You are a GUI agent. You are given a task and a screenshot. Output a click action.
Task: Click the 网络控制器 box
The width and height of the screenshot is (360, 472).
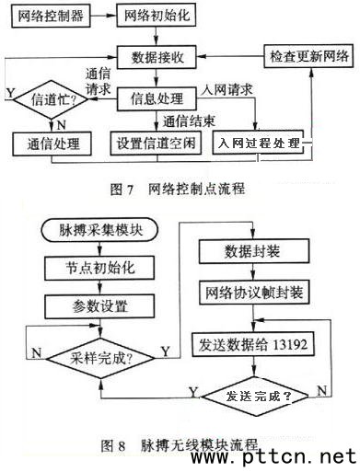coord(51,16)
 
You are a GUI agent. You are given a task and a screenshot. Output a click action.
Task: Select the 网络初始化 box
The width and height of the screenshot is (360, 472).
coord(157,16)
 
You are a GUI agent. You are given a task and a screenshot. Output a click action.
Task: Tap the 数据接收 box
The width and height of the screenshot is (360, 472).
coord(157,57)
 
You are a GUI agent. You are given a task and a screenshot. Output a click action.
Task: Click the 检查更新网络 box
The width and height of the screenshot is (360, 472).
coord(308,56)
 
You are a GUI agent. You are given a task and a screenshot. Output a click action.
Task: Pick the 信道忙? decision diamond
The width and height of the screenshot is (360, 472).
coord(52,99)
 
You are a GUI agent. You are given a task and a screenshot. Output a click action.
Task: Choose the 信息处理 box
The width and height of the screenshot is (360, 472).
coord(157,98)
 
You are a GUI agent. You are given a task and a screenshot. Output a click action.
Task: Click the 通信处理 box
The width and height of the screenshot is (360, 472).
coord(52,144)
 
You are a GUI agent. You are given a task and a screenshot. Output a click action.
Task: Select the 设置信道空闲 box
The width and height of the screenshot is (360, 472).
coord(156,143)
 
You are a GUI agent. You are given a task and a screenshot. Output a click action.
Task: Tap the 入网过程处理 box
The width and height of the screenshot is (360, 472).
coord(259,143)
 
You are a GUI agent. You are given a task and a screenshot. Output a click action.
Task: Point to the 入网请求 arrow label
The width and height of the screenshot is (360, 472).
coord(226,89)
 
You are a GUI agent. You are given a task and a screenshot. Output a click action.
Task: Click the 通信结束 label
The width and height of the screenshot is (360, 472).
coord(189,121)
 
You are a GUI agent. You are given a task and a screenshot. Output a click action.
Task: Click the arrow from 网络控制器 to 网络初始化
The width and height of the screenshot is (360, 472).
coord(103,16)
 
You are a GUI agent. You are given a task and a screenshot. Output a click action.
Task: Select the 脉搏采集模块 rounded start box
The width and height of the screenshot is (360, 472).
coord(99,230)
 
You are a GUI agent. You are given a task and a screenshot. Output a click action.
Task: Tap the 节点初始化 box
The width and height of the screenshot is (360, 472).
coord(99,268)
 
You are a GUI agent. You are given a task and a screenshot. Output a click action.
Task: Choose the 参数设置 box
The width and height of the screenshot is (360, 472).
coord(99,306)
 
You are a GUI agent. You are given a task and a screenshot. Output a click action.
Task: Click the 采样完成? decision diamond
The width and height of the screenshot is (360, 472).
coord(100,358)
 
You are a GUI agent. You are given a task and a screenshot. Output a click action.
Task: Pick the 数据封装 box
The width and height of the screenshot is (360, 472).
coord(254,251)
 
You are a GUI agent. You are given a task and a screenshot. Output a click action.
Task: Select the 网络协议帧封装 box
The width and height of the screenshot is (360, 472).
coord(254,293)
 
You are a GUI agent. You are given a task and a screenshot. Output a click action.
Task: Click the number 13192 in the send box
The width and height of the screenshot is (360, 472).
coord(289,344)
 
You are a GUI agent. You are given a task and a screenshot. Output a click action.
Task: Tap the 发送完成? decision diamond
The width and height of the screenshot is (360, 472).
coord(255,397)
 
